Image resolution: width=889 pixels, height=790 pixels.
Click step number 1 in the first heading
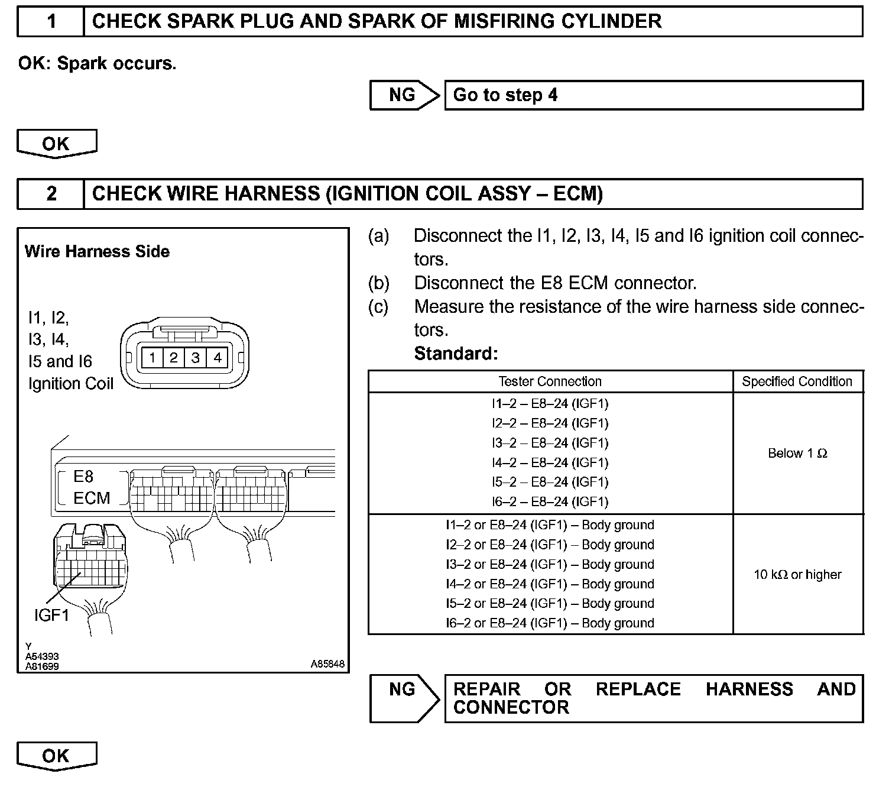point(51,22)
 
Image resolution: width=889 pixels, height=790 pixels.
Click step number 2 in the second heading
point(51,194)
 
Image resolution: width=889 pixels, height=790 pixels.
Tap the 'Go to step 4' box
point(653,95)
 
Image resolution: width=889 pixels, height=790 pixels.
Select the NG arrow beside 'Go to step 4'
point(404,95)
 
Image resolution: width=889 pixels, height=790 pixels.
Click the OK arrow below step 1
point(56,144)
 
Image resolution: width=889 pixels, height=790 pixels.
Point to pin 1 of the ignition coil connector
point(153,358)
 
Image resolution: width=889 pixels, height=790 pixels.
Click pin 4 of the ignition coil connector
point(218,358)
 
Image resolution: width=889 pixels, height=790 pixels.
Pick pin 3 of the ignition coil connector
point(196,358)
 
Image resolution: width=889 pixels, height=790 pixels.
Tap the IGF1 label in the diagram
point(51,616)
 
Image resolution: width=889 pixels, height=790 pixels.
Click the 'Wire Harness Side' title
point(97,252)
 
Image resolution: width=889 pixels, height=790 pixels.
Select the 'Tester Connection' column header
point(550,382)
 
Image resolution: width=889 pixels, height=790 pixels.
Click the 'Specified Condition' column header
point(797,382)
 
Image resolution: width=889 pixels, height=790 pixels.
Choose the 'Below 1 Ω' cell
point(797,454)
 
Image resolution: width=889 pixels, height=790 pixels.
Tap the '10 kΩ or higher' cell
point(797,575)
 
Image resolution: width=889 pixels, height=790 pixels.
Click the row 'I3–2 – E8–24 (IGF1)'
point(550,443)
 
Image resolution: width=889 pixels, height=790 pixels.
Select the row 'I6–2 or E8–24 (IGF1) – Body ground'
point(550,623)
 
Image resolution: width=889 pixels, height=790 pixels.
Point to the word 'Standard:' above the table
point(456,354)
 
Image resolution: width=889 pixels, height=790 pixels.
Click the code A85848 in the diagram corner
point(327,664)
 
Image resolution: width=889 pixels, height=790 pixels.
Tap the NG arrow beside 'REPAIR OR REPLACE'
point(404,698)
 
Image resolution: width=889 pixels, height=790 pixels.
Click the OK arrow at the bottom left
point(56,756)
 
